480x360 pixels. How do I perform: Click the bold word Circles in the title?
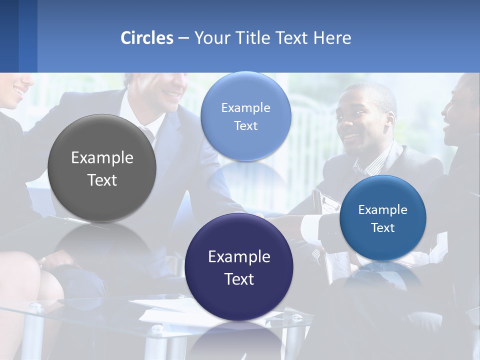click(147, 38)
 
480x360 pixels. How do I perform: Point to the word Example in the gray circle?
click(102, 158)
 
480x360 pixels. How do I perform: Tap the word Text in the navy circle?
click(239, 279)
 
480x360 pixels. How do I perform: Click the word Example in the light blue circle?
click(245, 108)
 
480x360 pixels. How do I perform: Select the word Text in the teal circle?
click(383, 228)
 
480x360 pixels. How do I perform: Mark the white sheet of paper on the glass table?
click(165, 314)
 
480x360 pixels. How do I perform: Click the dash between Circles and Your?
click(183, 38)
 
